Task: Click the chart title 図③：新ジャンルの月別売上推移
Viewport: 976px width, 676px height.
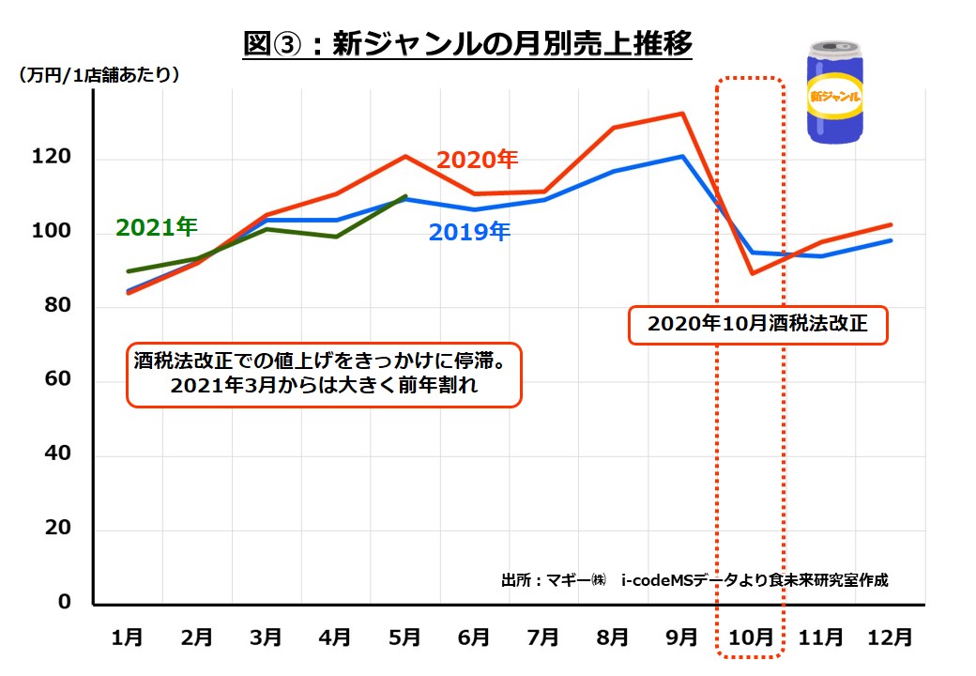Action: point(466,43)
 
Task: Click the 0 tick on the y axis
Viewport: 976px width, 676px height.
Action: point(65,603)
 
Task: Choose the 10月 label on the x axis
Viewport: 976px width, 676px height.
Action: point(751,638)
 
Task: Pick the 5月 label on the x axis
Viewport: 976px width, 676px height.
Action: point(404,638)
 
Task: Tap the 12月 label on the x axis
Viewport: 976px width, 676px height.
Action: point(890,638)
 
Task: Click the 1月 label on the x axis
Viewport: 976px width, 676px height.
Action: point(128,638)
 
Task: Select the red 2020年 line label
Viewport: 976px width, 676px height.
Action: point(477,160)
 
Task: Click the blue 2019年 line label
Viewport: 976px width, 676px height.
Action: point(469,232)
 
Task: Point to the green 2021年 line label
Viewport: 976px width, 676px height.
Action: point(157,226)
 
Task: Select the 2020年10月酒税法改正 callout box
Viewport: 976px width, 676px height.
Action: point(757,326)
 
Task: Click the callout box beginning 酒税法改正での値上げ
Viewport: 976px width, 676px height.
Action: point(324,374)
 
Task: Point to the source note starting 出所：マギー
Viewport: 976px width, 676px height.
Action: point(694,580)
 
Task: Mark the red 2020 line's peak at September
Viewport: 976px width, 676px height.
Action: point(682,114)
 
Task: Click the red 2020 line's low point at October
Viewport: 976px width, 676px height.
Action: point(751,273)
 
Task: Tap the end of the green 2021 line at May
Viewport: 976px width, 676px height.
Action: point(405,196)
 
